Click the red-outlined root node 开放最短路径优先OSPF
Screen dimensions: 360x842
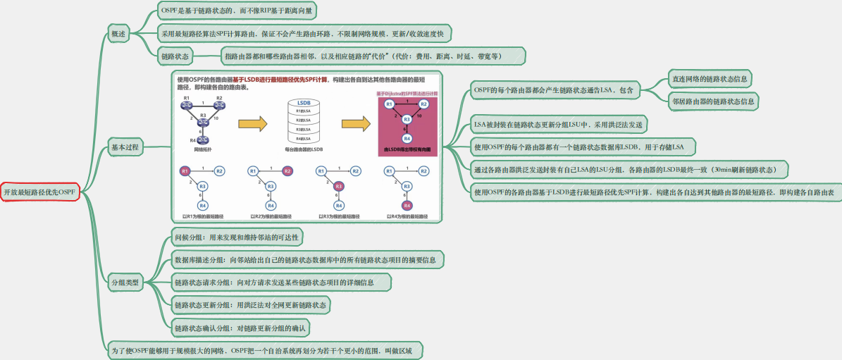39,192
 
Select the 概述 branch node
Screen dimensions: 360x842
118,33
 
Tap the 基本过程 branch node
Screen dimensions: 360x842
125,148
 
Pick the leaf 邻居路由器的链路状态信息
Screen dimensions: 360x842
713,101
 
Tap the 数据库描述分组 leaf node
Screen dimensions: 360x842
305,260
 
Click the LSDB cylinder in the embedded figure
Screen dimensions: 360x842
304,122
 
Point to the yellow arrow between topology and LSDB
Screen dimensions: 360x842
253,125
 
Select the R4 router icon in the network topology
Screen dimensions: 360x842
203,140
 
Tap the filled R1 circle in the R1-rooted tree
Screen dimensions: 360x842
185,171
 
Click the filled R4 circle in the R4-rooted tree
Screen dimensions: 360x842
407,205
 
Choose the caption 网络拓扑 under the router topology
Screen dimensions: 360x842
202,150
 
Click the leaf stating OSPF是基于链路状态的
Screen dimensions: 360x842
237,11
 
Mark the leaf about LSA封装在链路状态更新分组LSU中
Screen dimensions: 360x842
559,125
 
